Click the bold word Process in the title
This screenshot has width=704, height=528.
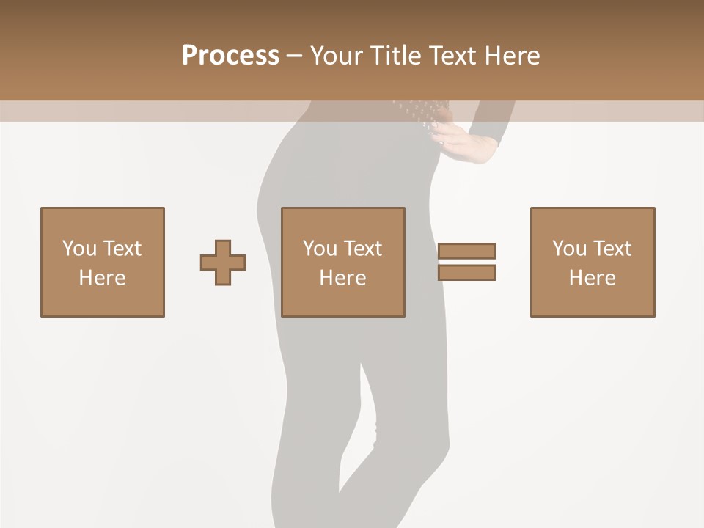pos(230,56)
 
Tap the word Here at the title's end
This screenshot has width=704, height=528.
pos(511,56)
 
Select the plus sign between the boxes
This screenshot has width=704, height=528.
pos(223,263)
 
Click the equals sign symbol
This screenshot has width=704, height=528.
pos(466,262)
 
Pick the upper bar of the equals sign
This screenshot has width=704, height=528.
pos(466,252)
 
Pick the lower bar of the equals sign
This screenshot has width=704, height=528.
pos(466,272)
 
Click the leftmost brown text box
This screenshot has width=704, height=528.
pos(103,262)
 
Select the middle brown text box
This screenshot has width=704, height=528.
pos(343,262)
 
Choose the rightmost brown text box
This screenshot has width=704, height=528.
pos(593,262)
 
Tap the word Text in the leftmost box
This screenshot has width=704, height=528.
pos(122,249)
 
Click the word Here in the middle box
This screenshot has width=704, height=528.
pos(343,278)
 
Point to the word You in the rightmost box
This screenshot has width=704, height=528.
pos(570,249)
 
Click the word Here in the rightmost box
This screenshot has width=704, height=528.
pos(593,278)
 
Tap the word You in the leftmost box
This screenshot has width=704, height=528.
pos(79,249)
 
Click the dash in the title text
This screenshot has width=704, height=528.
pos(294,56)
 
